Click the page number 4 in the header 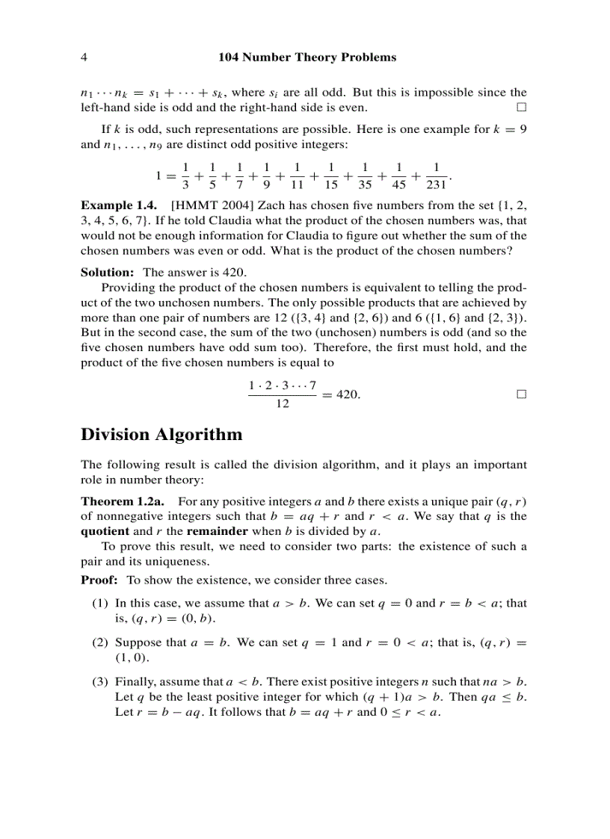point(84,57)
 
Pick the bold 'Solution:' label point(107,273)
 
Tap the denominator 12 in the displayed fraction point(283,404)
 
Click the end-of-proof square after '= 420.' point(521,394)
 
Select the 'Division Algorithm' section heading point(161,435)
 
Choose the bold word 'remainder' point(218,531)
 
